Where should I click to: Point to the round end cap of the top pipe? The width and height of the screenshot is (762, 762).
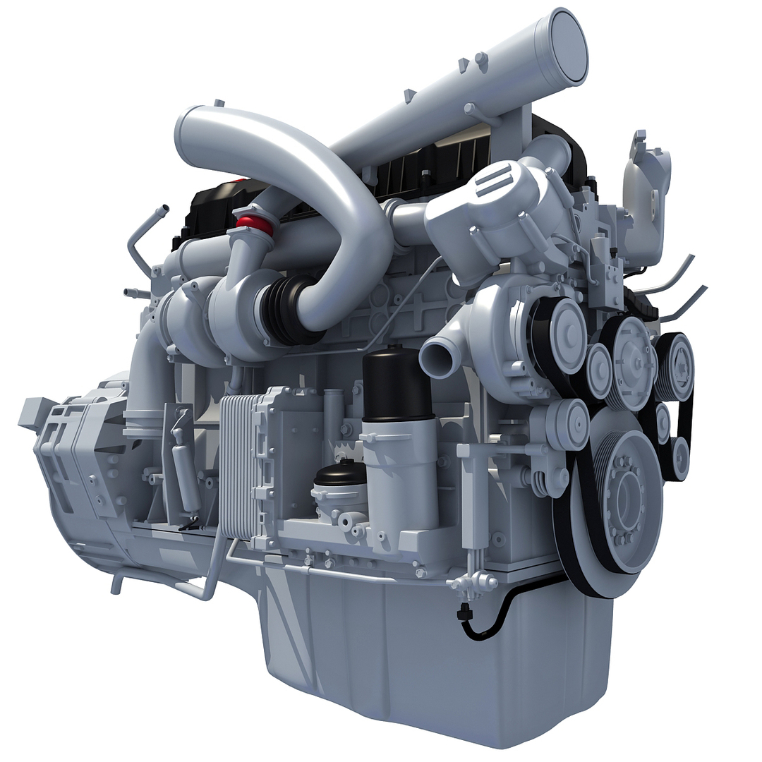(567, 47)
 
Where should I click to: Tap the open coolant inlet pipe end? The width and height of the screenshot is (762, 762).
(435, 359)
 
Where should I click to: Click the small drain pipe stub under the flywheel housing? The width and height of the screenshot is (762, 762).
(116, 585)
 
